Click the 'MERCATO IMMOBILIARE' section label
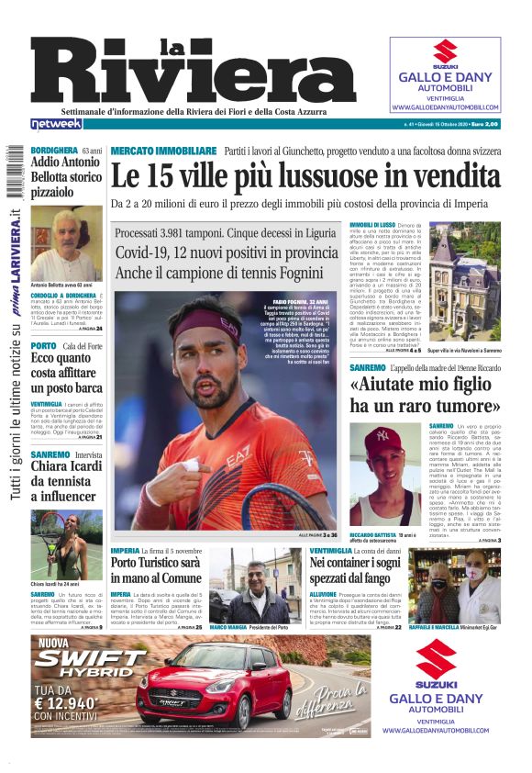163,150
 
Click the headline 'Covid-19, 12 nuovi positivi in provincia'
227,252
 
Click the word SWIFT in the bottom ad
89,659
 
